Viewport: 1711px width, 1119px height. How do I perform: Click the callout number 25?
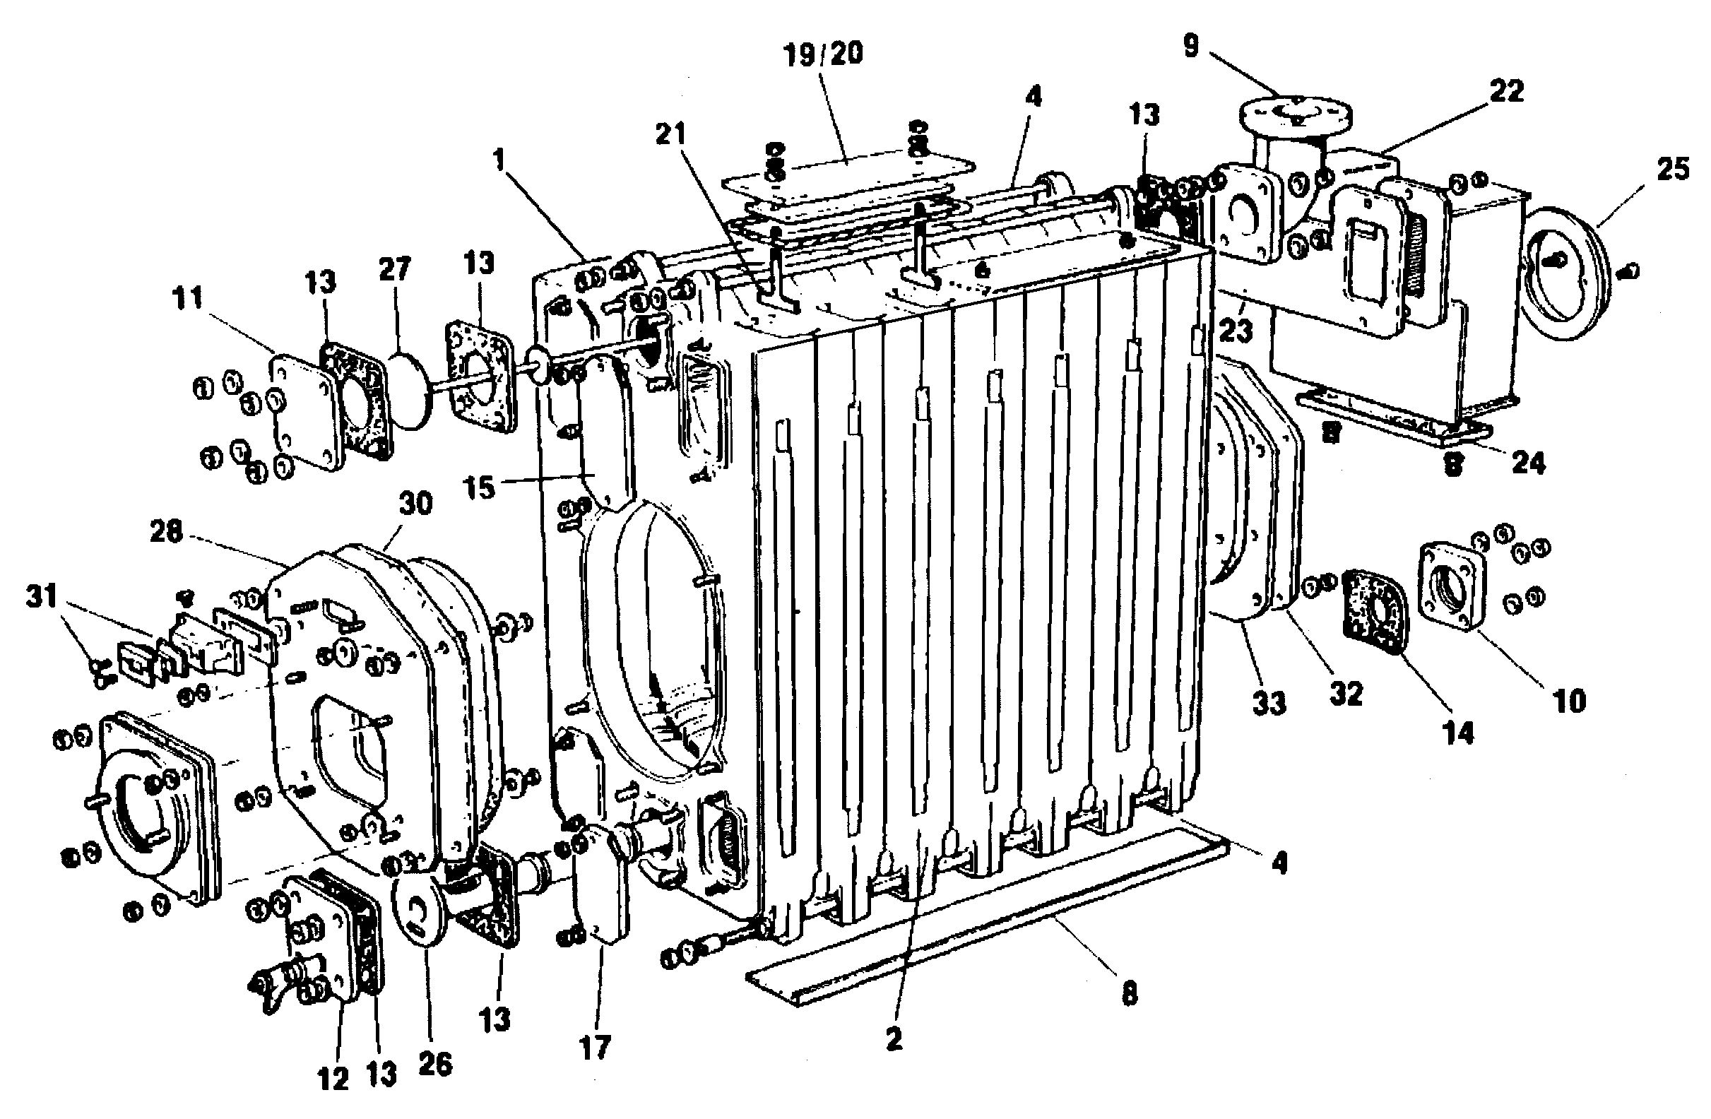[1672, 170]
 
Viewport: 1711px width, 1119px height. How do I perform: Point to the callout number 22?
[1505, 91]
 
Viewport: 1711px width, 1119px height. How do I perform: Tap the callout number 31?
[42, 596]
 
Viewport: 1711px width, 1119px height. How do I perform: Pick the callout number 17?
[594, 1047]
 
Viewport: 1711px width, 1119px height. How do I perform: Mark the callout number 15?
[480, 488]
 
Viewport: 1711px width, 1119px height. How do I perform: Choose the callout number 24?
[1527, 463]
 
